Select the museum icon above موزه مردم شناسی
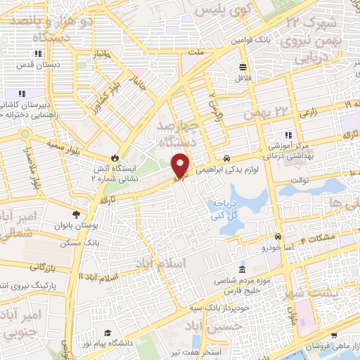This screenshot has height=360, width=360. coord(243,270)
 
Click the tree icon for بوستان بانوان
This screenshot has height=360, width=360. coord(76,214)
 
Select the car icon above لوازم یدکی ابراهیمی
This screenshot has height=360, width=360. coord(226,158)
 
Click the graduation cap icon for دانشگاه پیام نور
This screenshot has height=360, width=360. coord(108,333)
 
